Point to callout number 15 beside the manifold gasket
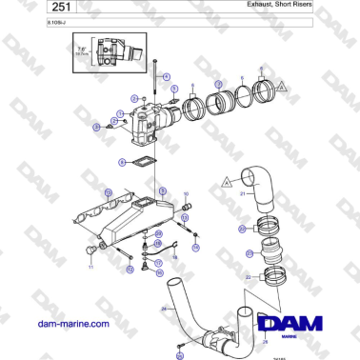pyautogui.click(x=108, y=193)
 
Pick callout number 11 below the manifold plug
pyautogui.click(x=91, y=270)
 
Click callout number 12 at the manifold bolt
pyautogui.click(x=130, y=270)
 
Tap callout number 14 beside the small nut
pyautogui.click(x=195, y=247)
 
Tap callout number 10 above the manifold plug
pyautogui.click(x=186, y=194)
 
